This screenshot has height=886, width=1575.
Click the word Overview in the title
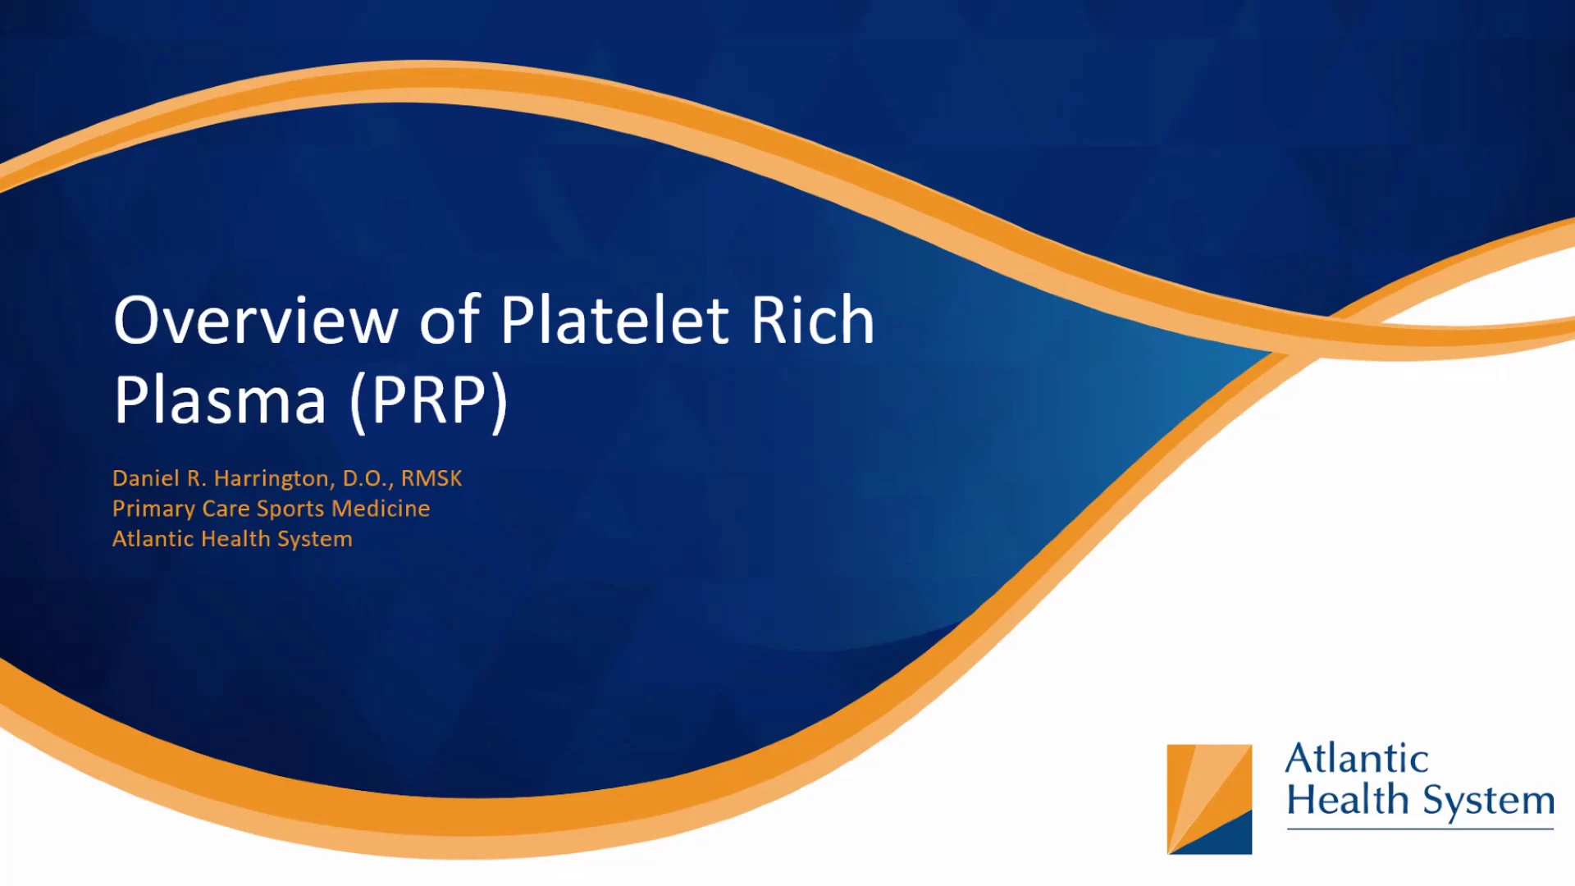click(256, 320)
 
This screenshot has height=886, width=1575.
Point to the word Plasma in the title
click(220, 400)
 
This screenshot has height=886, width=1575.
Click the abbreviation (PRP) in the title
click(429, 401)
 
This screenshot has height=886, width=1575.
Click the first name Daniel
click(146, 478)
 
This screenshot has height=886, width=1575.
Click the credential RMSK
click(431, 478)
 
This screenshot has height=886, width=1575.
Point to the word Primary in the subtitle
click(153, 509)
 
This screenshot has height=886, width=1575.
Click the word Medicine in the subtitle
click(381, 509)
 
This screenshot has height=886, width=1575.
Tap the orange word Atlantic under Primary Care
click(153, 539)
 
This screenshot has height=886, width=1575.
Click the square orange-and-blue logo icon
click(1209, 799)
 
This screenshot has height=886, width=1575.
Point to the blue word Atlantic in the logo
click(1357, 758)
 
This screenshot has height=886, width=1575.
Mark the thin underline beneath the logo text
click(1420, 829)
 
